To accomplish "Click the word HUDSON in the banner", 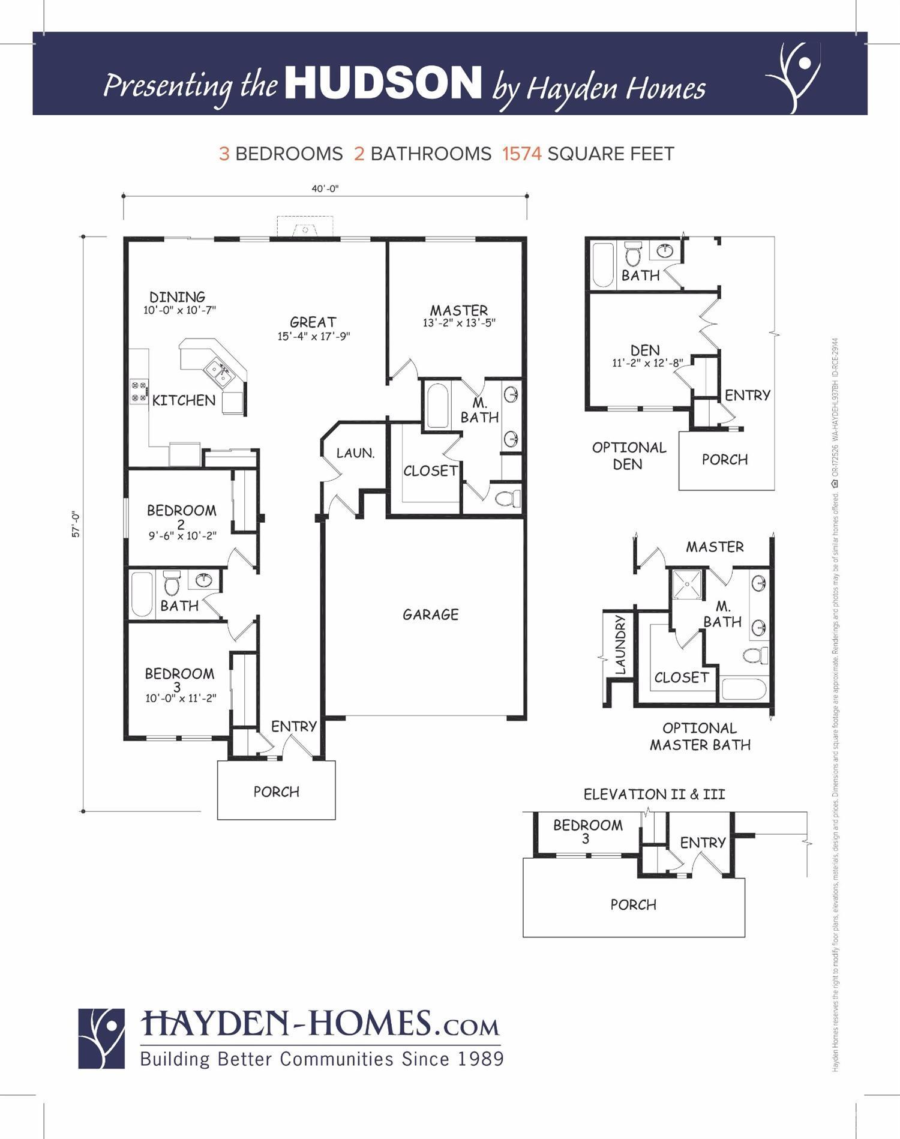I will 383,83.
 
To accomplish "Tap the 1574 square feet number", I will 521,154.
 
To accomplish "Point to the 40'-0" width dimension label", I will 325,188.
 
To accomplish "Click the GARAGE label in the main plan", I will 430,615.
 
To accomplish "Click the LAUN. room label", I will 355,453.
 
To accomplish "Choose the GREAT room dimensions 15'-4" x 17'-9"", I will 313,337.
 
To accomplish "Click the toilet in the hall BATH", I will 172,582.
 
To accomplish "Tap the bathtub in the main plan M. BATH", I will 437,406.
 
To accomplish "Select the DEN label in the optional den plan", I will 645,350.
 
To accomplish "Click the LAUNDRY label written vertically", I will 620,644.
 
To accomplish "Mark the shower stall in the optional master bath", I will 687,583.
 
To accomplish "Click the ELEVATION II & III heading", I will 654,795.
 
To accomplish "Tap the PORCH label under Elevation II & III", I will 633,905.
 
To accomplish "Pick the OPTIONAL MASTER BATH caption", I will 700,737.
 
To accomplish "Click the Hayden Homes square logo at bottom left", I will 101,1038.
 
